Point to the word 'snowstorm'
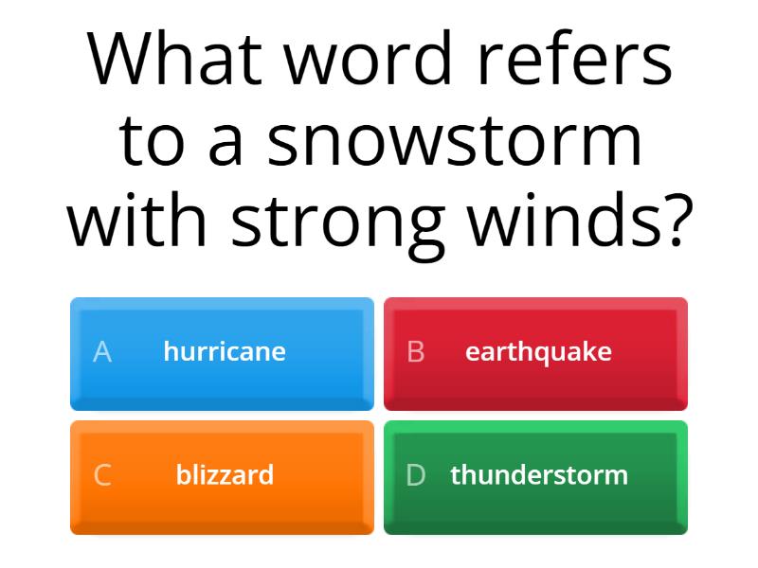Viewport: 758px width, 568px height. [x=455, y=141]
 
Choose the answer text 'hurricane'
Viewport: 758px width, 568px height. [x=225, y=351]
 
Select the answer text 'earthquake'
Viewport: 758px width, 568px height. [x=538, y=351]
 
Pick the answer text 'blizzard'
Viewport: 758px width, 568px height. [x=225, y=474]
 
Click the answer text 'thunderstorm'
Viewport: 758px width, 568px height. [x=539, y=474]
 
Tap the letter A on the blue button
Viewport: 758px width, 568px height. [x=102, y=352]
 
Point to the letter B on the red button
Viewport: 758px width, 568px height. [x=415, y=352]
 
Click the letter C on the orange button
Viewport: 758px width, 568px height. [x=102, y=475]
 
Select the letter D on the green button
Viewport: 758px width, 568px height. [x=415, y=475]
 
